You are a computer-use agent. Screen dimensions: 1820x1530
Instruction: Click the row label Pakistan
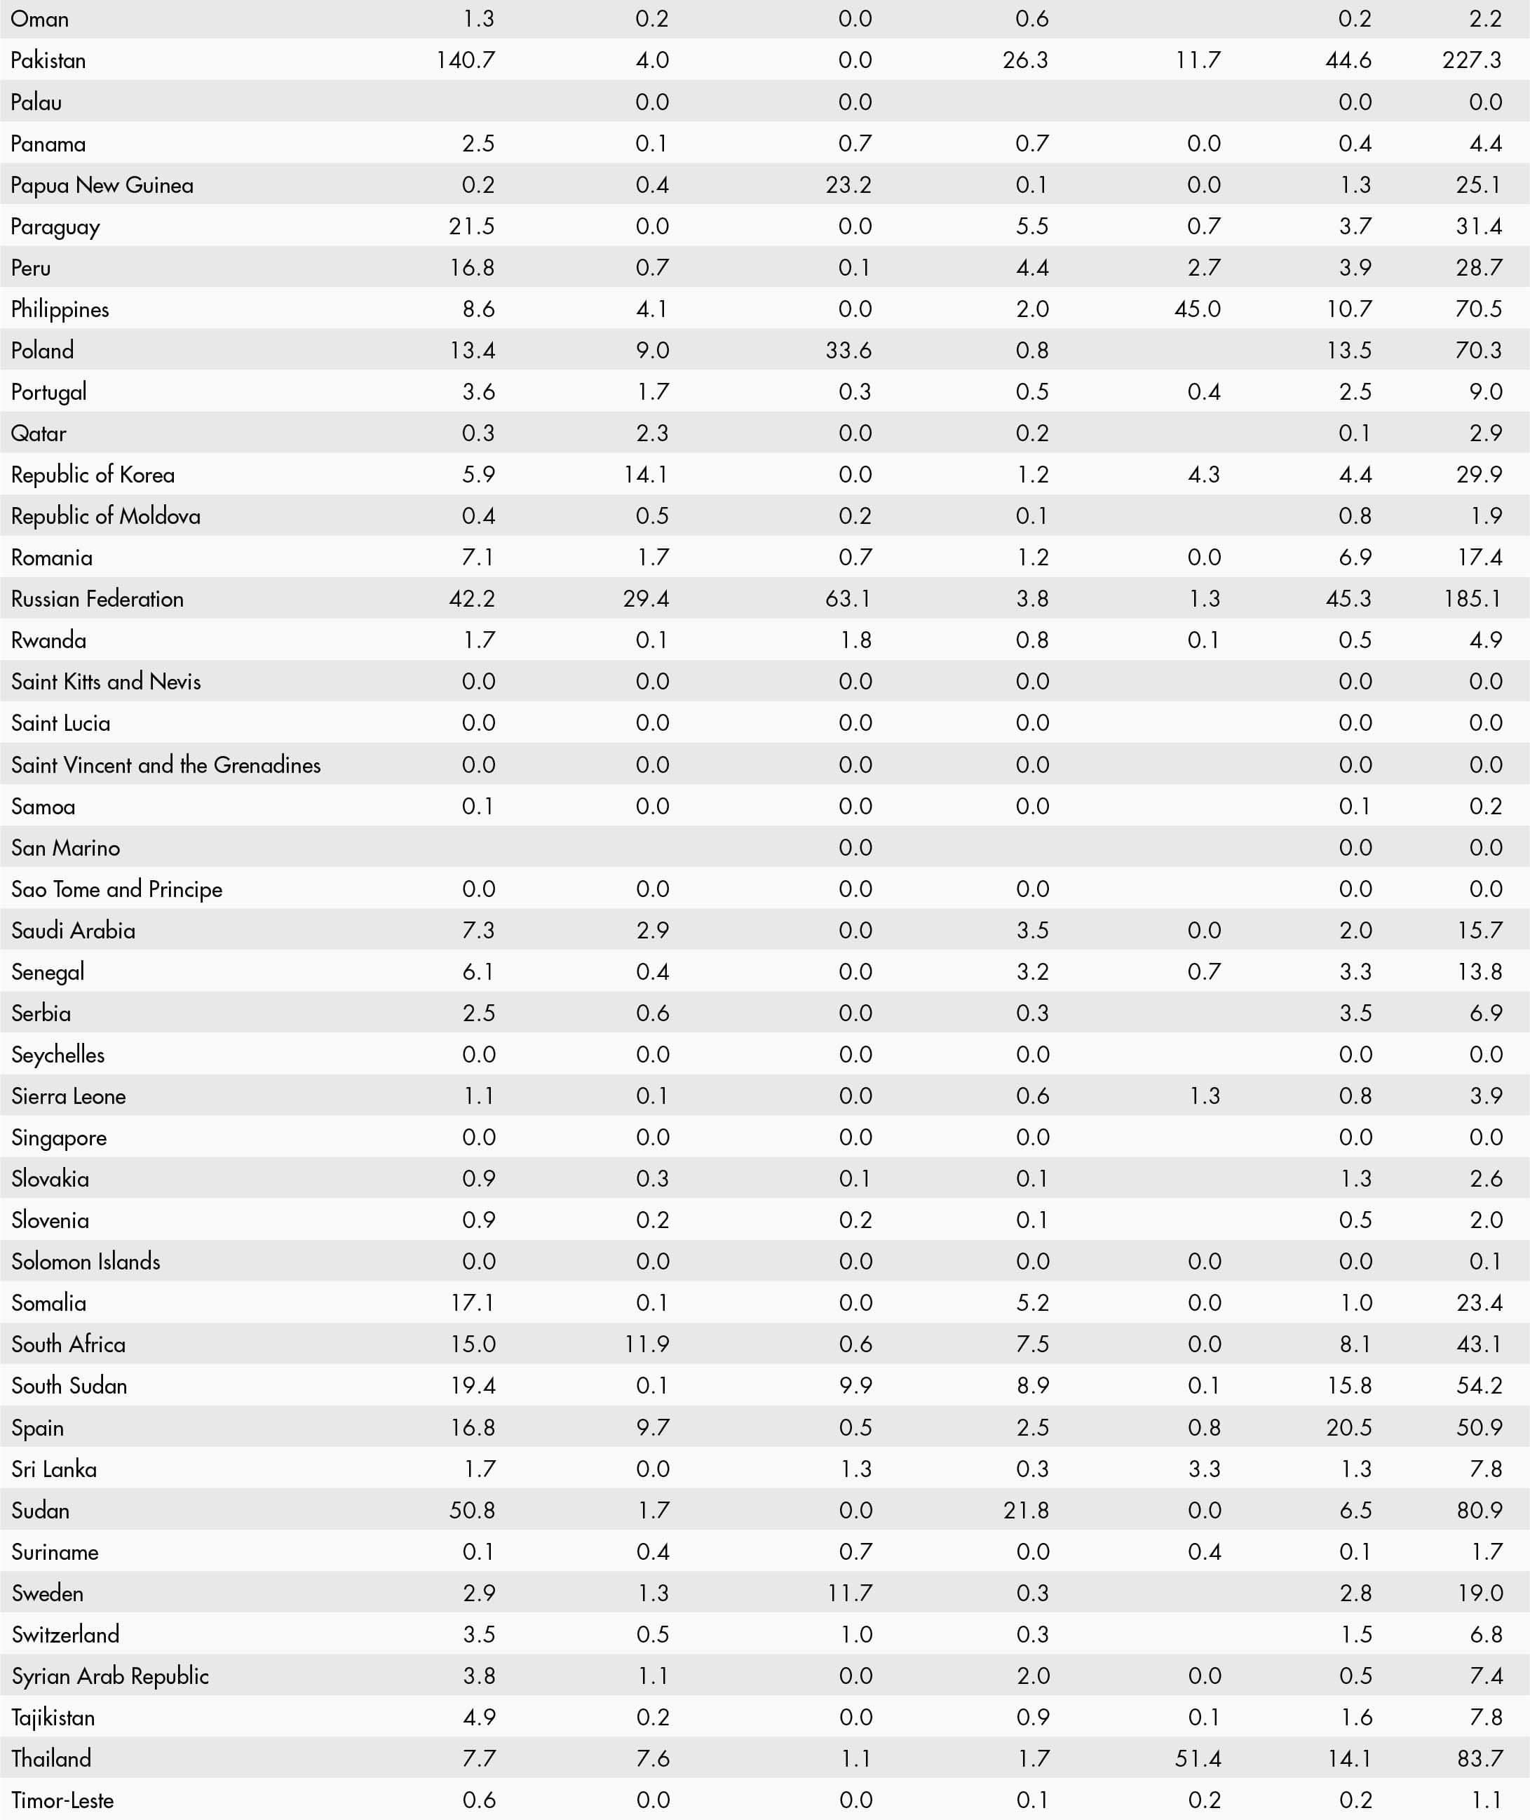(48, 60)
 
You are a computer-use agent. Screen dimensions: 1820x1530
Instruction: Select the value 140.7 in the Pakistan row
(465, 60)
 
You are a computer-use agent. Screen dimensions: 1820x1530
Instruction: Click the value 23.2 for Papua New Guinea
(848, 184)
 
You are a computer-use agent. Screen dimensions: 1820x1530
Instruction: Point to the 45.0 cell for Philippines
(1197, 309)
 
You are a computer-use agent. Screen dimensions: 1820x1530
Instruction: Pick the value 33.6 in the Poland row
(848, 351)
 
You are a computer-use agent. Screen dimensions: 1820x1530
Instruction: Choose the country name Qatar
(39, 433)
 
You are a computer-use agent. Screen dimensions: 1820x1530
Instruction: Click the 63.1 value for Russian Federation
(848, 598)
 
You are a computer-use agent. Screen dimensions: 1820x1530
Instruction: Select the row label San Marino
(66, 847)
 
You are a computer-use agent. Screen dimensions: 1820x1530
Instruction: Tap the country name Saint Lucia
(61, 722)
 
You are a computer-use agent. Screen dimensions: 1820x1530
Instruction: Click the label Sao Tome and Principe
(117, 889)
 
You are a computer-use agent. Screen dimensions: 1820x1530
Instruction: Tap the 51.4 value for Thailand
(1197, 1758)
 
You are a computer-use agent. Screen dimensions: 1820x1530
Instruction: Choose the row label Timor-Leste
(62, 1800)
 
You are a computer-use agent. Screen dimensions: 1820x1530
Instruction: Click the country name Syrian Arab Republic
(110, 1676)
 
